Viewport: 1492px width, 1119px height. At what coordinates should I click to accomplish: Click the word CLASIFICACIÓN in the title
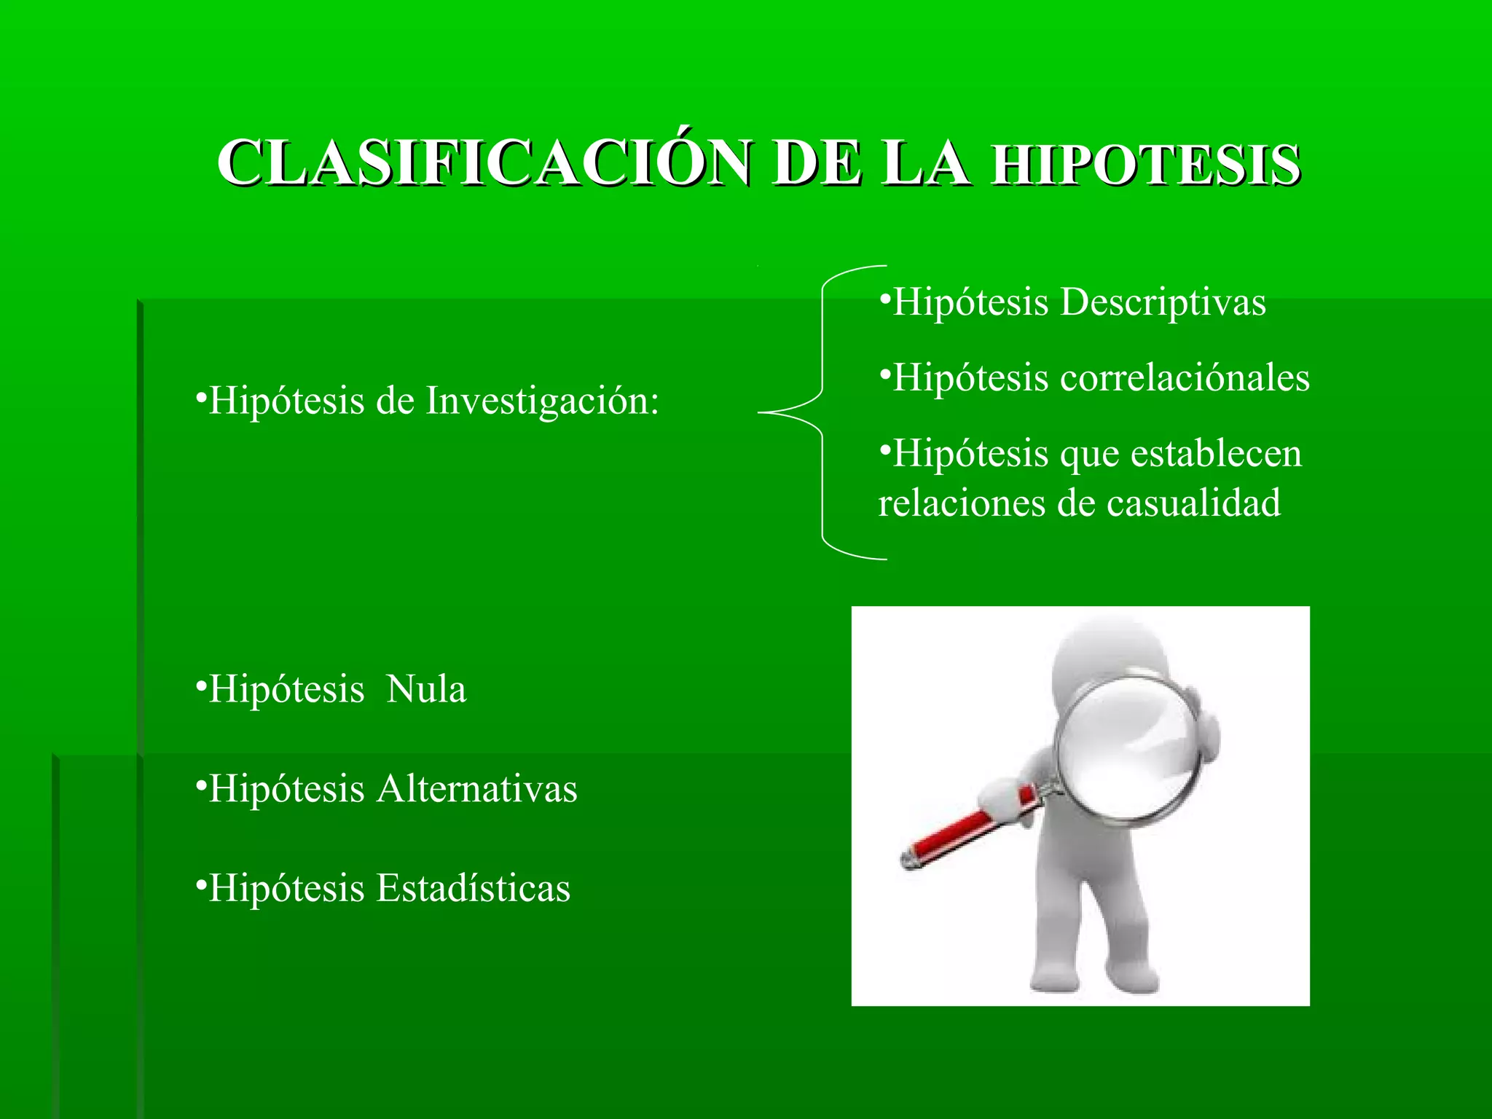tap(484, 163)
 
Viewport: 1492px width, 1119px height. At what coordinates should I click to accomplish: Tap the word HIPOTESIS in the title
tap(1147, 165)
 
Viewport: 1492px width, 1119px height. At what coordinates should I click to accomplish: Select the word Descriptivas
tap(1163, 303)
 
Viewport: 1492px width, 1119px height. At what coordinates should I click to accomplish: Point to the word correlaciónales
tap(1185, 378)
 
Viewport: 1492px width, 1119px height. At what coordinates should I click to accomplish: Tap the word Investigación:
tap(542, 401)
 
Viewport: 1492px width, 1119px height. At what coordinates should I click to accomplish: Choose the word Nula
tap(426, 689)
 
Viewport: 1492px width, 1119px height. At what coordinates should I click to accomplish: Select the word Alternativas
tap(476, 789)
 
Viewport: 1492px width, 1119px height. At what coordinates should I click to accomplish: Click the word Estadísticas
tap(473, 889)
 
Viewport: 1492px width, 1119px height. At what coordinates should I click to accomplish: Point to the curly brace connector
tap(822, 412)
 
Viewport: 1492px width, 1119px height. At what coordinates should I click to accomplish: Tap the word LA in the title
tap(925, 163)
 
